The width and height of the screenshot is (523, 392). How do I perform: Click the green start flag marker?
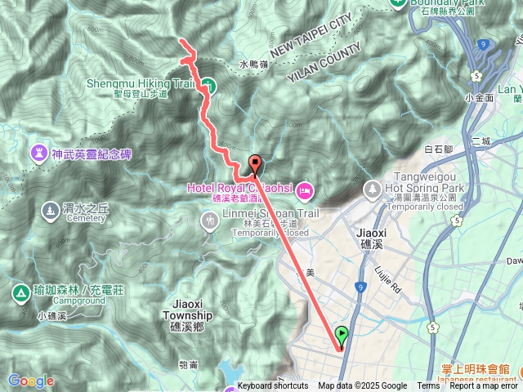pos(342,335)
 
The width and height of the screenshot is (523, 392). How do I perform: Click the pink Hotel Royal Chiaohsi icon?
pos(304,191)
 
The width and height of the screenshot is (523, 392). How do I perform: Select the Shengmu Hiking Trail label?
pos(141,82)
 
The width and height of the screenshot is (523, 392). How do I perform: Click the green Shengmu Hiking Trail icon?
pos(208,85)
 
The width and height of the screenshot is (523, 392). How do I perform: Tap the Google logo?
pos(30,381)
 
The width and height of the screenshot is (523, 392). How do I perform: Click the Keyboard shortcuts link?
pos(273,386)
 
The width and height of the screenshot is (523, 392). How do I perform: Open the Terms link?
pos(428,386)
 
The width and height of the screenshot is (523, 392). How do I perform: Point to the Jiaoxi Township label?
pos(187,310)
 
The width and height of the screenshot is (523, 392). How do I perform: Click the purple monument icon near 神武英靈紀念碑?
pos(38,153)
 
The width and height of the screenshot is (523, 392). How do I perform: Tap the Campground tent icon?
pos(19,292)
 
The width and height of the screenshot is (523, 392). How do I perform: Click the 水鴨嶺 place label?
pos(254,64)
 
